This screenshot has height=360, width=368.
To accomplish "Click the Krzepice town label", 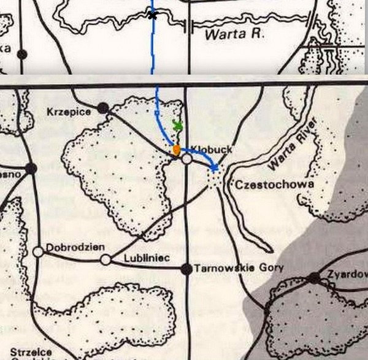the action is click(x=69, y=112).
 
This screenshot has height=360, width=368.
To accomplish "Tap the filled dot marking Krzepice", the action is click(x=103, y=109).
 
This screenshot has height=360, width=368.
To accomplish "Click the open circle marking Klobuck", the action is click(x=188, y=159).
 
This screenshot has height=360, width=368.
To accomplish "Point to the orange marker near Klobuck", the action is click(x=176, y=149).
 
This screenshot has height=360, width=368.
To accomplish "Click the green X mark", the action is click(x=178, y=126).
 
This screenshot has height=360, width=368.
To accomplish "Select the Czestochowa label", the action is click(x=266, y=184).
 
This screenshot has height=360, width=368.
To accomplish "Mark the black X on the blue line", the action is click(x=152, y=15).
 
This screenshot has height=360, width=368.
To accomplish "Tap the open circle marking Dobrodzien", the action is click(x=38, y=251).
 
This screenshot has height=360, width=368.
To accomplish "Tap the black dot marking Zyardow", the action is click(x=314, y=278).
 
